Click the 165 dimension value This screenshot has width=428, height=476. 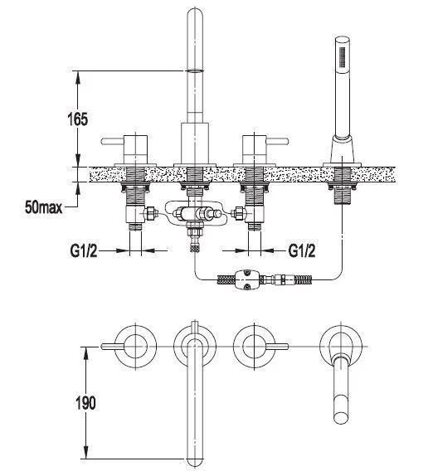[x=78, y=119]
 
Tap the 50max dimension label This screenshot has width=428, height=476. [x=44, y=207]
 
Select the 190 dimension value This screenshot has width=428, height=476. [x=85, y=403]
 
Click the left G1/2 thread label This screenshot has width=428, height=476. [x=84, y=251]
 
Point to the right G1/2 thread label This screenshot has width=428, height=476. [x=301, y=250]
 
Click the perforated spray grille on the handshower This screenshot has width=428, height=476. [x=343, y=56]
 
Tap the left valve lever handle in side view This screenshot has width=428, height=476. [x=112, y=141]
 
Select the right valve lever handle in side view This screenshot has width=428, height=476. [x=277, y=142]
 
